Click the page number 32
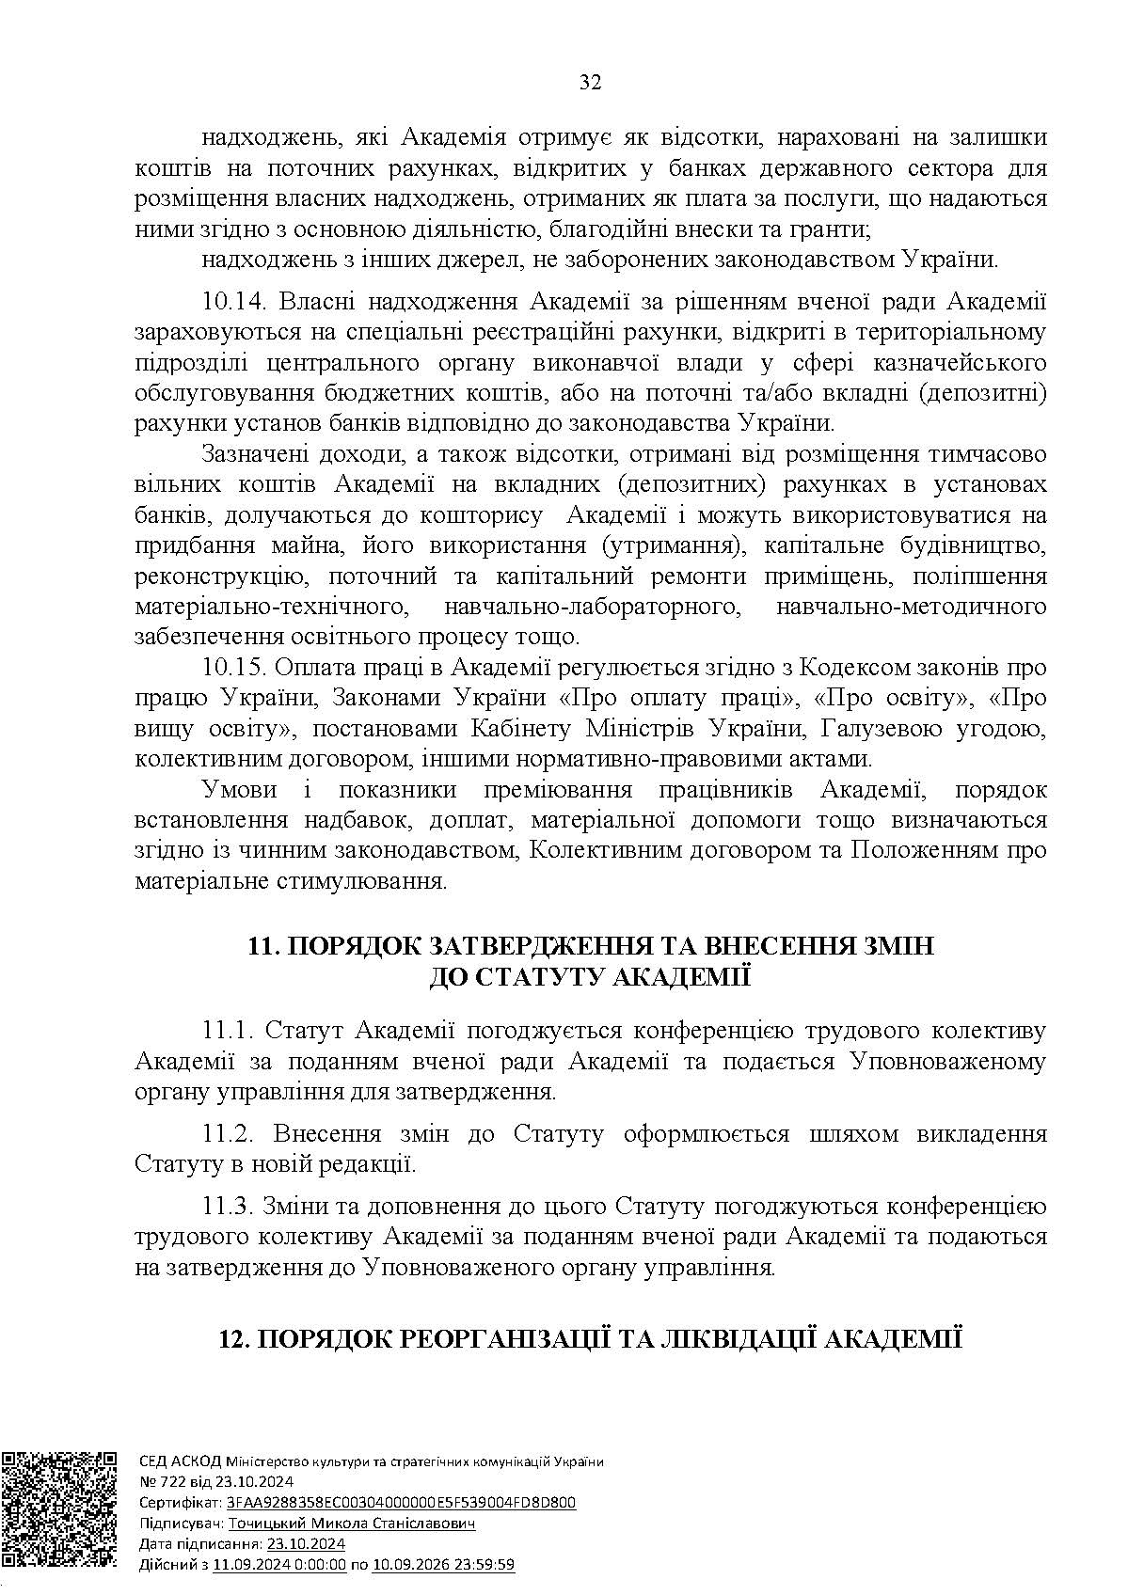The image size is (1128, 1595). pyautogui.click(x=590, y=82)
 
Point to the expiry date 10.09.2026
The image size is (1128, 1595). pyautogui.click(x=410, y=1565)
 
